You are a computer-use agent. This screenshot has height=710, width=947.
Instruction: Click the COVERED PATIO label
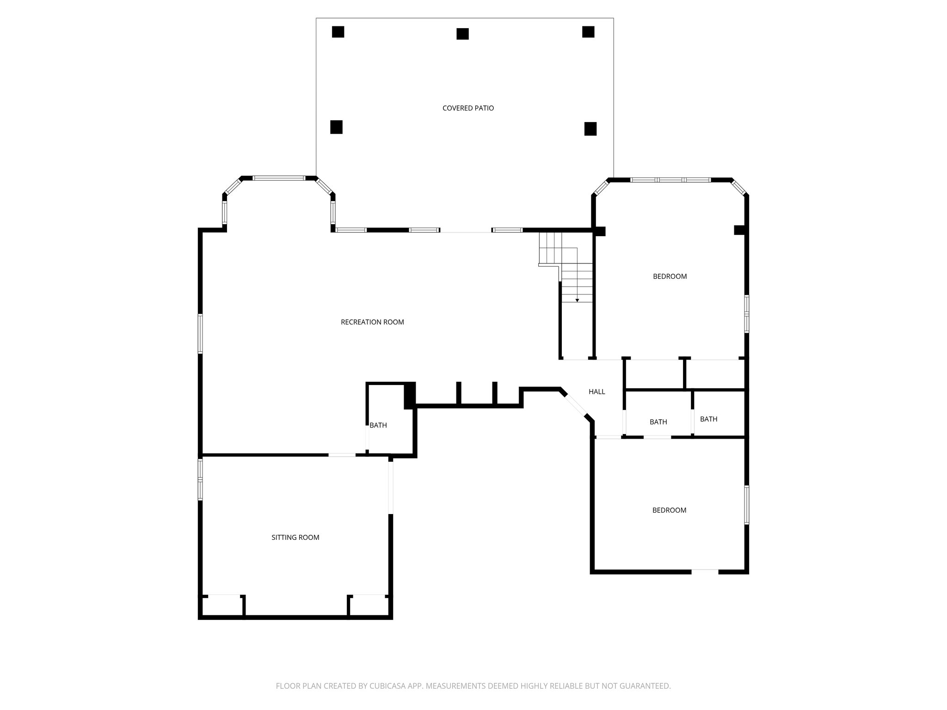coord(468,108)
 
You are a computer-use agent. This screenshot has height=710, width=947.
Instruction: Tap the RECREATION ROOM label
coord(372,322)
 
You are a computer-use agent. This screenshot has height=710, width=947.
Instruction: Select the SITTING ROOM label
coord(295,537)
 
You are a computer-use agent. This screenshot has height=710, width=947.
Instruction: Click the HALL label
coord(596,392)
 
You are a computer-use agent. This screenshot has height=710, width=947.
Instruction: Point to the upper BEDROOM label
coord(670,276)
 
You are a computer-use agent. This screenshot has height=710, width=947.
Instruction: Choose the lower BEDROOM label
coord(669,510)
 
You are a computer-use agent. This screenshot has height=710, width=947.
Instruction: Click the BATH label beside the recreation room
coord(378,425)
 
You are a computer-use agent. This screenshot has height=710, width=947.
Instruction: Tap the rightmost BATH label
coord(708,419)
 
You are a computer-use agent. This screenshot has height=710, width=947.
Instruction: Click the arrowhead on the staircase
coord(577,300)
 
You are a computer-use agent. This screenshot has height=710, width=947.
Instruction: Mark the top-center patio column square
coord(462,34)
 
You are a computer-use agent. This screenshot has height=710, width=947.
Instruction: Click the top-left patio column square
coord(338,32)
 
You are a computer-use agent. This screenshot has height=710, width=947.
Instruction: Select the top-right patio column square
coord(588,32)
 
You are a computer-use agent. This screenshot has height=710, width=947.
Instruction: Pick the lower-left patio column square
coord(336,127)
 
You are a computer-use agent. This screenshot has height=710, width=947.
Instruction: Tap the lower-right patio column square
coord(590,129)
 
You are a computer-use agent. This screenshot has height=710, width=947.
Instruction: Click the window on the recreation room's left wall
coord(200,333)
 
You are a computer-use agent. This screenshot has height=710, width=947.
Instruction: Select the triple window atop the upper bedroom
coord(670,180)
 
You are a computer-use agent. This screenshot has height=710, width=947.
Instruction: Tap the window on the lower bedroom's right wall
coord(746,505)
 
